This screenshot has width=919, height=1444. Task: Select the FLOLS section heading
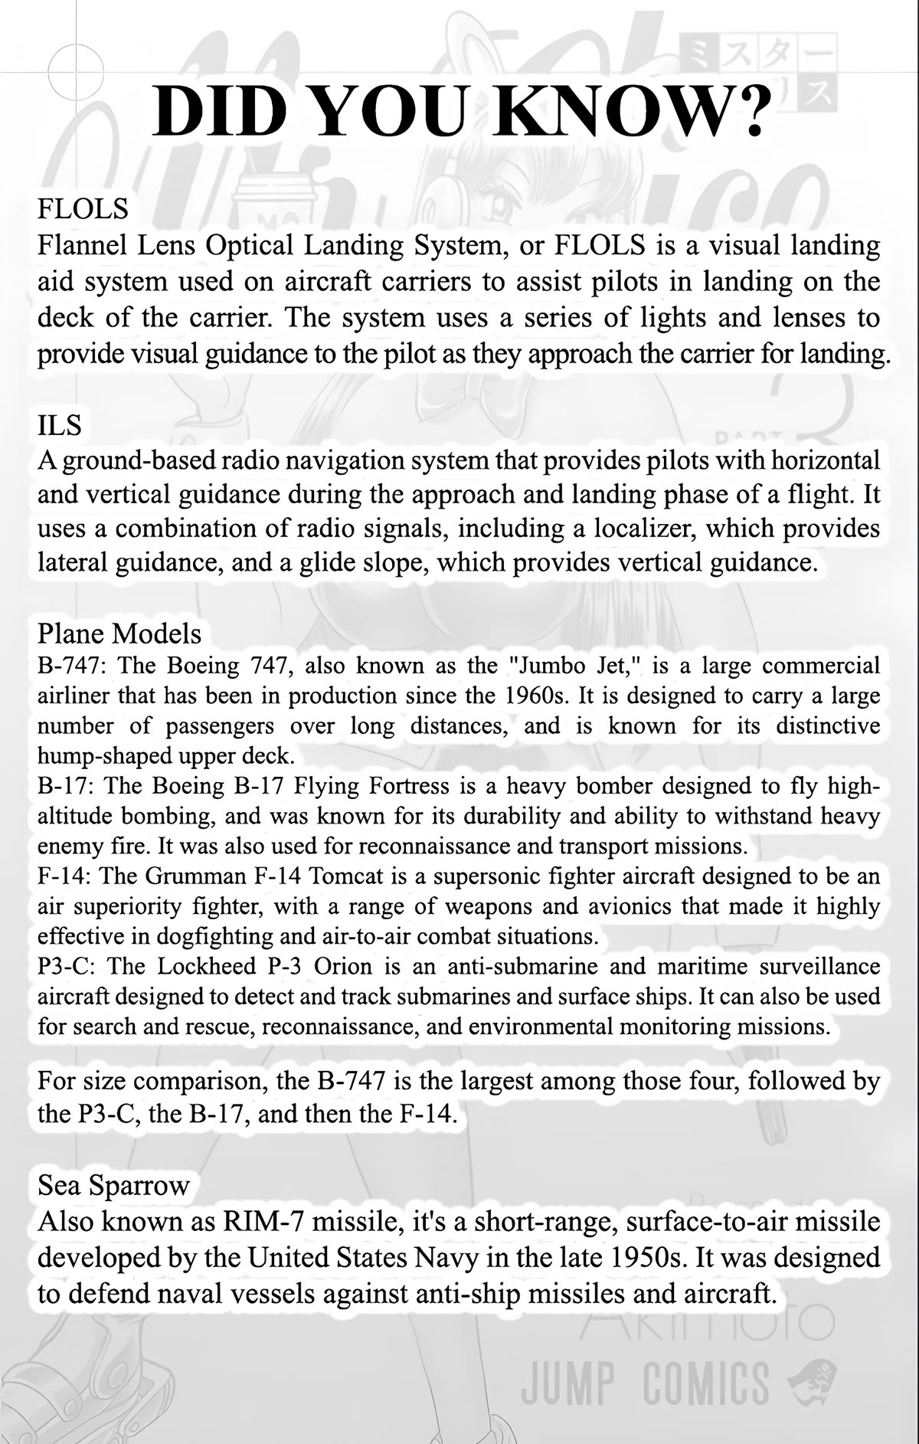click(83, 208)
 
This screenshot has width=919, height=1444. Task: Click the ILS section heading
click(59, 424)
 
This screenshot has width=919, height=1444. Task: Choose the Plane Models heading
click(119, 634)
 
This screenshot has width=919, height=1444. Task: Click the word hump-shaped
click(98, 756)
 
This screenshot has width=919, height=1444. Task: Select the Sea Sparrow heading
click(113, 1185)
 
